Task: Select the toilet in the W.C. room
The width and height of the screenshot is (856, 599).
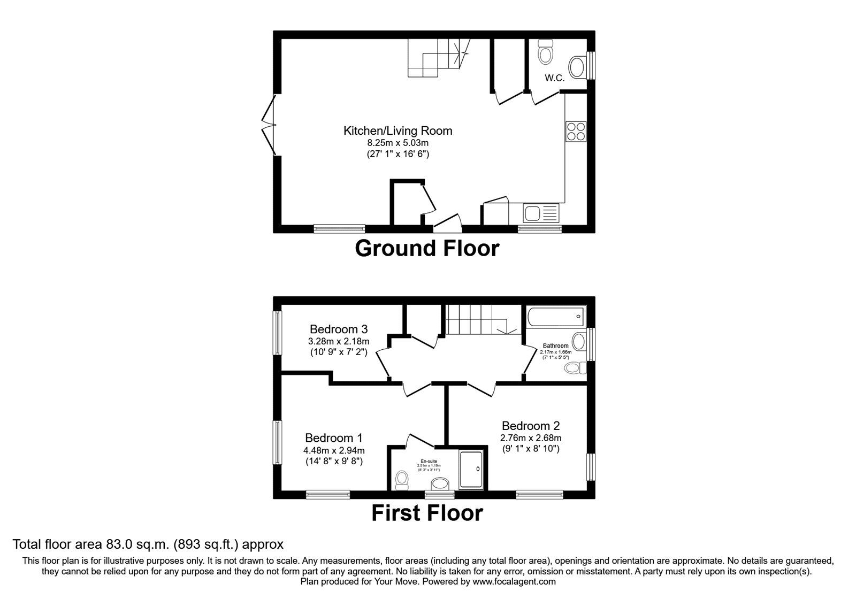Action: point(546,52)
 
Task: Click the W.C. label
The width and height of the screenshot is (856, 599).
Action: point(555,78)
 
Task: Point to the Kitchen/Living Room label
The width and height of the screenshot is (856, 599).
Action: point(398,130)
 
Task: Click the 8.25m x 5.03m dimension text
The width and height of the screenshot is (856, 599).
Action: point(398,143)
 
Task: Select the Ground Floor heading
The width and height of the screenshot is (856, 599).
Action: point(427,249)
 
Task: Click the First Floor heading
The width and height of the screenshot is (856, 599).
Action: point(427,513)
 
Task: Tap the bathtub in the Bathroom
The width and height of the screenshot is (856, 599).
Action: point(556,317)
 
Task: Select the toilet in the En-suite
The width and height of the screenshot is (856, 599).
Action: point(401,479)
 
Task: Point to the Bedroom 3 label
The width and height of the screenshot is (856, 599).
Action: point(339,329)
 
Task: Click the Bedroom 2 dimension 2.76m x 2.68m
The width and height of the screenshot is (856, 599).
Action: point(531,437)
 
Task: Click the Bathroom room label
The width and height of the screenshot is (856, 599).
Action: point(555,346)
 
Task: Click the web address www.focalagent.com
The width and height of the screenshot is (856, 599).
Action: point(514,581)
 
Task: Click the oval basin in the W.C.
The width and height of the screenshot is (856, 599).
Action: point(576,68)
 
